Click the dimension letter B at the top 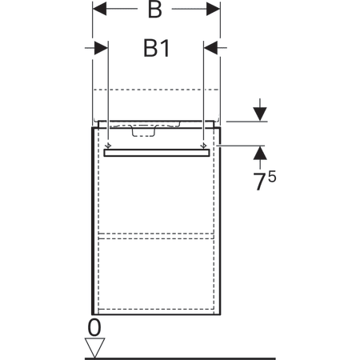click(x=155, y=10)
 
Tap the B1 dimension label click(x=157, y=48)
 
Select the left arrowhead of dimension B click(x=99, y=9)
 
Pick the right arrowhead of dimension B click(x=214, y=9)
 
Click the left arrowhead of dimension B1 click(x=102, y=48)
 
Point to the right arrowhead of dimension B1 click(x=210, y=48)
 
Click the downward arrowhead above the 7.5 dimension click(x=260, y=114)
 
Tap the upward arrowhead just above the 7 click(x=260, y=153)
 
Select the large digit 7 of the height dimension click(x=260, y=182)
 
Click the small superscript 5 click(x=272, y=177)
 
